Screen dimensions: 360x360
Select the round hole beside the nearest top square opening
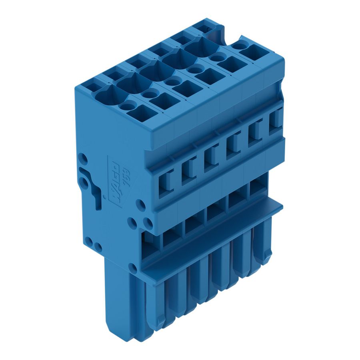point(128,106)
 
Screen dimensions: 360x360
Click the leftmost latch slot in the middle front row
point(166,182)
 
